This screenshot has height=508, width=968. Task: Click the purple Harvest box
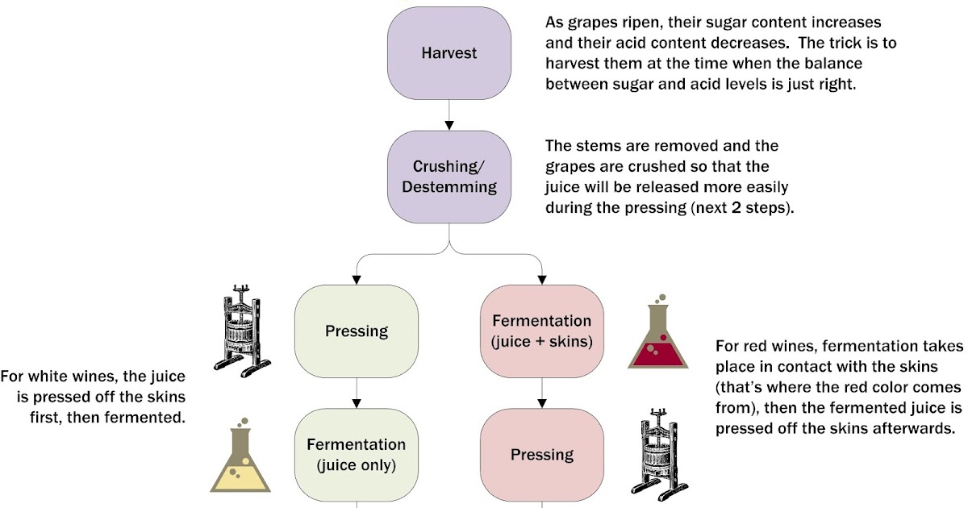pyautogui.click(x=449, y=53)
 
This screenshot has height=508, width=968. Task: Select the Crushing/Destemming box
pyautogui.click(x=449, y=177)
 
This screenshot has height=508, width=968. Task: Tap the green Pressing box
pyautogui.click(x=356, y=331)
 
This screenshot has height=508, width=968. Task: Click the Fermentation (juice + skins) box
pyautogui.click(x=541, y=331)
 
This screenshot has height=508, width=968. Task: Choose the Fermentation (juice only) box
pyautogui.click(x=356, y=455)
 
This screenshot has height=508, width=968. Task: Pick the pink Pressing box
pyautogui.click(x=541, y=455)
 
